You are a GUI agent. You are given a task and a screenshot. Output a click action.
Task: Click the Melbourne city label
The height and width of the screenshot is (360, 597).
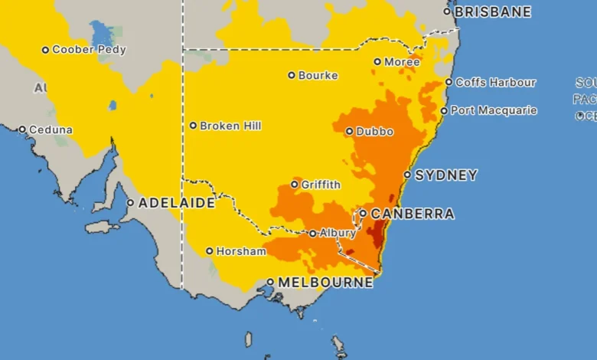(x=325, y=283)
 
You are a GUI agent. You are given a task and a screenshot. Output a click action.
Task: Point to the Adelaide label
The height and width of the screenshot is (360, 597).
(x=176, y=204)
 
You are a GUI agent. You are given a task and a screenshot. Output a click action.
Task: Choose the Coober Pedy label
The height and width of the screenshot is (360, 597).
(x=89, y=50)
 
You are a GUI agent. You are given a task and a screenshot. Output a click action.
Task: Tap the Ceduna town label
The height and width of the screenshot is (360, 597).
(x=51, y=130)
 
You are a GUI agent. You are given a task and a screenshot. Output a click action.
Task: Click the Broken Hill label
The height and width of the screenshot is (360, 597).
(x=230, y=126)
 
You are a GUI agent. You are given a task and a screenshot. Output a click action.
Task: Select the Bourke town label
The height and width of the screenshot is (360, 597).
(x=318, y=75)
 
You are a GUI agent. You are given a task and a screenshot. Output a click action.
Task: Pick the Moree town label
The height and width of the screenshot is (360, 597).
(x=402, y=61)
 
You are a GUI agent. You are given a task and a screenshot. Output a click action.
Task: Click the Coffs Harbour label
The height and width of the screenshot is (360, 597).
(x=495, y=83)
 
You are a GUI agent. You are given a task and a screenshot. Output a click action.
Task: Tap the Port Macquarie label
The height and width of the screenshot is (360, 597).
(x=494, y=110)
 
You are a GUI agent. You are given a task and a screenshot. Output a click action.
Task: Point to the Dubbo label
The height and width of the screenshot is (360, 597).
(x=375, y=132)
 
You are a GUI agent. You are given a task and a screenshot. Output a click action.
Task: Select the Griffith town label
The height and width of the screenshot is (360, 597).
(x=321, y=185)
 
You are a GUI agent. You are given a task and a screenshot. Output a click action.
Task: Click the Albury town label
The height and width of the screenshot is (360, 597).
(x=338, y=234)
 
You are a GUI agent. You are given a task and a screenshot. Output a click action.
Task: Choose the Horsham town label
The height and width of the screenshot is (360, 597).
(x=241, y=251)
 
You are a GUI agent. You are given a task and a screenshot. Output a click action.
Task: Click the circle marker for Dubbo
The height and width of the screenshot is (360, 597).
(x=350, y=131)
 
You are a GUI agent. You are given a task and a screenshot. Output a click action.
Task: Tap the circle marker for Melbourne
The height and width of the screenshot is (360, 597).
(x=270, y=282)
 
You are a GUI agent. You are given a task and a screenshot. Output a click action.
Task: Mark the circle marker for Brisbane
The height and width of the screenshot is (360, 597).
(x=448, y=11)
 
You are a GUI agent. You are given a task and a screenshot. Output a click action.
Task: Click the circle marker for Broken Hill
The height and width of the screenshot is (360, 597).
(x=193, y=126)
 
